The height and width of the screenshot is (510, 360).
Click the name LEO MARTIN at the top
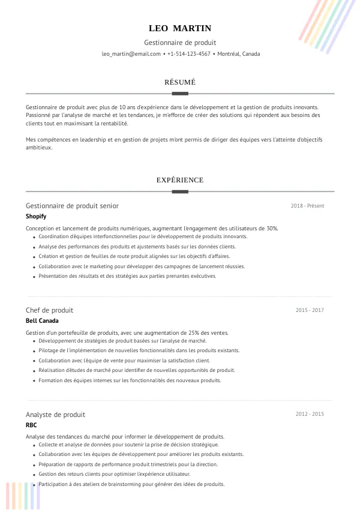[x=180, y=28]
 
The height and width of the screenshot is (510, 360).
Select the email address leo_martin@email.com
[x=131, y=54]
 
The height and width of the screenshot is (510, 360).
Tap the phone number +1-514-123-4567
[x=188, y=54]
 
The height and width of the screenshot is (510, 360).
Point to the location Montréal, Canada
[x=239, y=54]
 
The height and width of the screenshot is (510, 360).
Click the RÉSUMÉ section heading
[x=180, y=82]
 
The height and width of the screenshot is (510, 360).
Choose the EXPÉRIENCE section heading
[x=180, y=180]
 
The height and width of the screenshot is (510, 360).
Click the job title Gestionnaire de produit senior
[x=72, y=206]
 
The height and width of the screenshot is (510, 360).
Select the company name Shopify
[x=36, y=216]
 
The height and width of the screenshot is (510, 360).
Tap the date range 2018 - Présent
[x=307, y=206]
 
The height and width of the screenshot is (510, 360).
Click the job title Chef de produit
[x=49, y=310]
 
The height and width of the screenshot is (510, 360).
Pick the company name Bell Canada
[x=42, y=320]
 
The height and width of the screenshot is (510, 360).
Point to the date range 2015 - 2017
[x=310, y=310]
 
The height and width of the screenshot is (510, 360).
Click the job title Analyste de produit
[x=55, y=415]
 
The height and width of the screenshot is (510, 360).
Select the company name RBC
[x=31, y=425]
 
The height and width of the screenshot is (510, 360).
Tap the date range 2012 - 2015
[x=310, y=415]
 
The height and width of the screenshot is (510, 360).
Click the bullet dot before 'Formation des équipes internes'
[x=33, y=381]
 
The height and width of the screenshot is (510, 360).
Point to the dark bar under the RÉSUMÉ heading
[x=180, y=94]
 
